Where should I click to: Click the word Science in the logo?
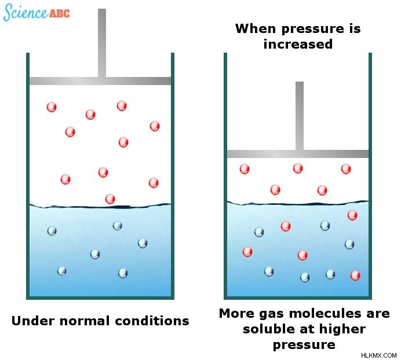pyautogui.click(x=25, y=12)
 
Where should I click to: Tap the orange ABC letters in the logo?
pyautogui.click(x=60, y=13)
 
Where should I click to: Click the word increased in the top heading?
pyautogui.click(x=298, y=44)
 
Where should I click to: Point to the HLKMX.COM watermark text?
pyautogui.click(x=379, y=355)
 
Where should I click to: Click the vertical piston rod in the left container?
pyautogui.click(x=102, y=43)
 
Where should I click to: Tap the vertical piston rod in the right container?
pyautogui.click(x=300, y=116)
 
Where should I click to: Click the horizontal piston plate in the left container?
pyautogui.click(x=100, y=81)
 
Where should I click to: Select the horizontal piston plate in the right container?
pyautogui.click(x=298, y=154)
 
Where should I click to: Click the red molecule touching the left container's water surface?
pyautogui.click(x=110, y=199)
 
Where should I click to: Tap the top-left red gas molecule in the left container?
pyautogui.click(x=52, y=107)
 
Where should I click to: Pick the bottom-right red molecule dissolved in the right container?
pyautogui.click(x=355, y=275)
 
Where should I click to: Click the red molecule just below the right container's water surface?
pyautogui.click(x=352, y=215)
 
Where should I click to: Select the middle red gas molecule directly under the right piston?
pyautogui.click(x=298, y=168)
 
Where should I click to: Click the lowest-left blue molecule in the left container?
pyautogui.click(x=62, y=271)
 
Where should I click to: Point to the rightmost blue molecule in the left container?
pyautogui.click(x=143, y=243)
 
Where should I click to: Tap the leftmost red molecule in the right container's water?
pyautogui.click(x=247, y=252)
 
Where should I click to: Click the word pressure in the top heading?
pyautogui.click(x=312, y=29)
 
